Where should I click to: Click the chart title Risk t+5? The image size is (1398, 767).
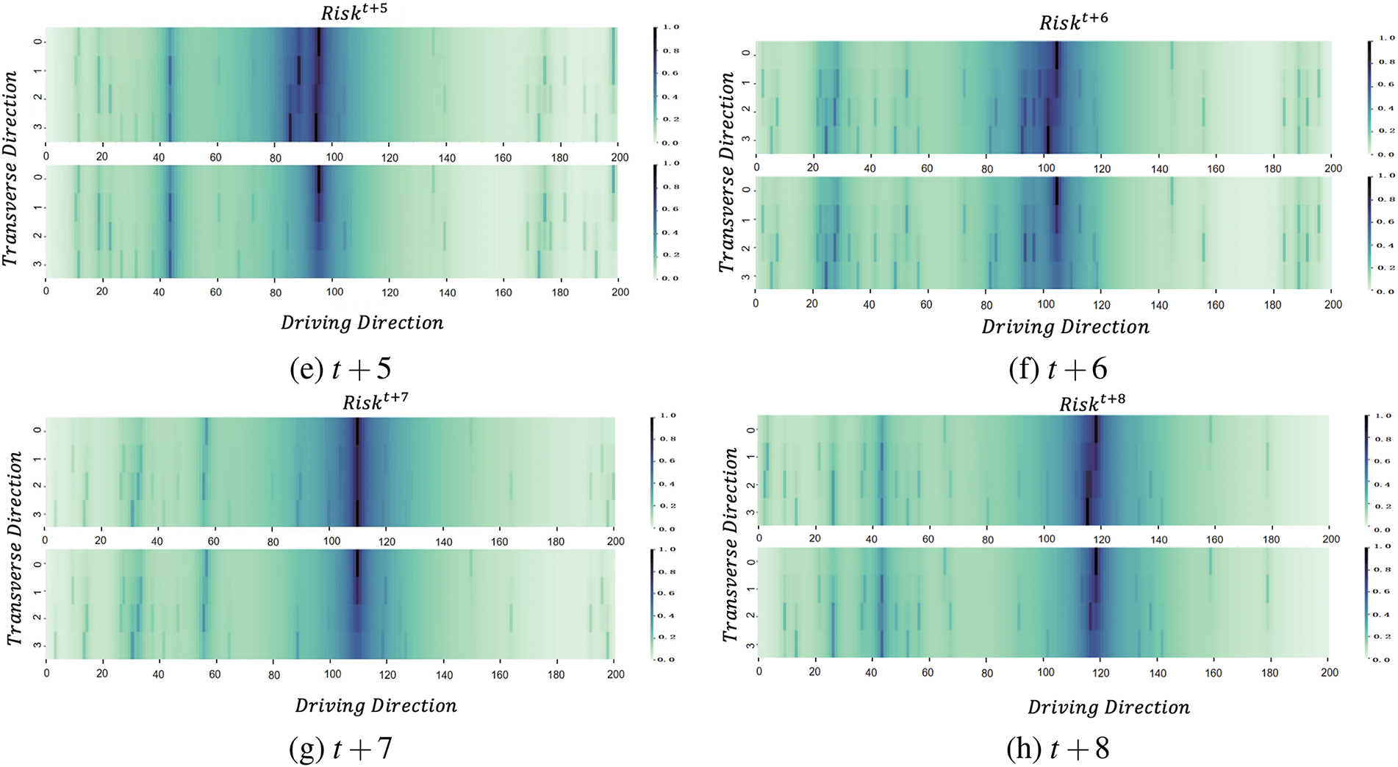354,13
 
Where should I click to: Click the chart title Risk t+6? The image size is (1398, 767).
1072,22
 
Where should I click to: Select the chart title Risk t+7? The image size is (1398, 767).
375,402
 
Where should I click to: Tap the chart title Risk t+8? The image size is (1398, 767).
1091,403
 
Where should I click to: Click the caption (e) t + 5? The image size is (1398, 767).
340,369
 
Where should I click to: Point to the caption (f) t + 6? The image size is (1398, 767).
1058,369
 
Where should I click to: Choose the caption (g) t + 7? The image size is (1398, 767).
340,749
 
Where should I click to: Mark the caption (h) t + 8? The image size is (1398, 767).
1058,749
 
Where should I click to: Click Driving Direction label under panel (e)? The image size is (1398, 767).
362,323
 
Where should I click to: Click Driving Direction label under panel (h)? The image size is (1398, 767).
1108,707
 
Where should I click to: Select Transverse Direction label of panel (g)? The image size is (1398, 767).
15,549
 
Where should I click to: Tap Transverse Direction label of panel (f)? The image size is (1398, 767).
727,173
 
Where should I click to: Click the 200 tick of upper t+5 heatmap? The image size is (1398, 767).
620,157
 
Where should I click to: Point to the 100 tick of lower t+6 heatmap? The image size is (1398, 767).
1045,304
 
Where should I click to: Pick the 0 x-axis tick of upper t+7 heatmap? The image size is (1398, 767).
46,541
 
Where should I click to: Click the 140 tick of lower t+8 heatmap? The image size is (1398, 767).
1158,672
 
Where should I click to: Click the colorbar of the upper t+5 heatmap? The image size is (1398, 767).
655,85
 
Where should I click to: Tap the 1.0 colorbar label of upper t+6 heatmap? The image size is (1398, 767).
1386,38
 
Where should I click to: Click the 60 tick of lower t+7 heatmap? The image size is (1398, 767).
215,674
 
